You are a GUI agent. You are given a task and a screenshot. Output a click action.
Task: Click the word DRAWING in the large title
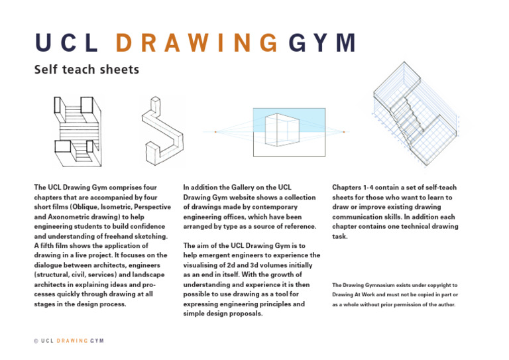pyautogui.click(x=196, y=43)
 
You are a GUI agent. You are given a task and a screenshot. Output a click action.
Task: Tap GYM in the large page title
pyautogui.click(x=322, y=43)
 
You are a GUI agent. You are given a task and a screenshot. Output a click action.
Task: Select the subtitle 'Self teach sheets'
pyautogui.click(x=87, y=69)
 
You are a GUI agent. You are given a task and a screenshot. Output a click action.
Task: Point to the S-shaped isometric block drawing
pyautogui.click(x=162, y=130)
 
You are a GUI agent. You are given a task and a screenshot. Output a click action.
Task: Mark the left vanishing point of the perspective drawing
pyautogui.click(x=215, y=132)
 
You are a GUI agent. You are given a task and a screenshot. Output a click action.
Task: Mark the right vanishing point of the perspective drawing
pyautogui.click(x=344, y=133)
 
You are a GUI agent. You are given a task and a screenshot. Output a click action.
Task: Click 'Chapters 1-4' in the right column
pyautogui.click(x=354, y=188)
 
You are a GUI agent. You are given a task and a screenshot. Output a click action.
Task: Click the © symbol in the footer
pyautogui.click(x=35, y=341)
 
